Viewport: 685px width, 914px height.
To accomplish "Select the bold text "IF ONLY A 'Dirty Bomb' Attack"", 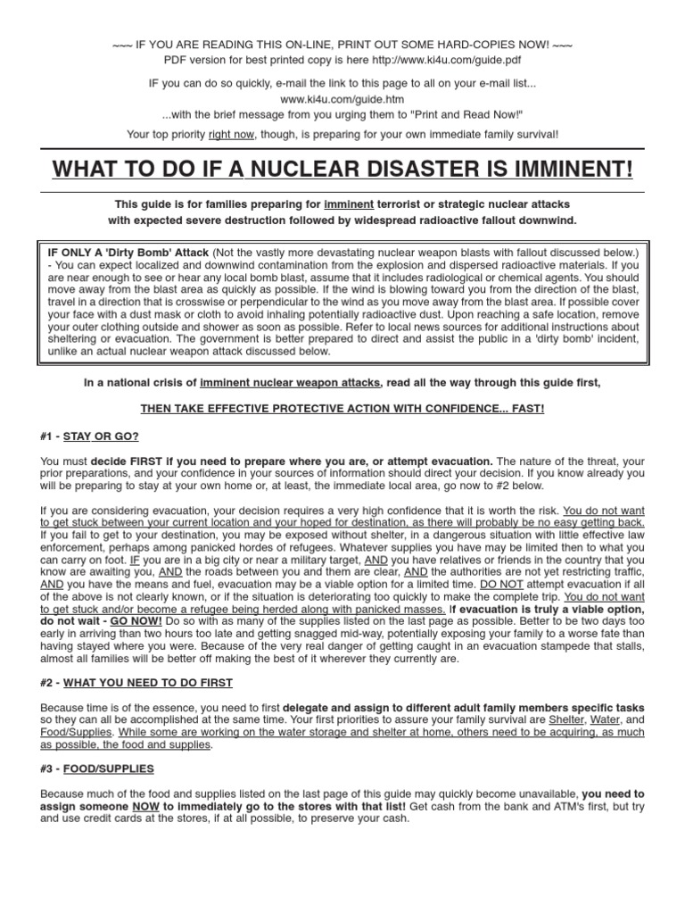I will point(128,253).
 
